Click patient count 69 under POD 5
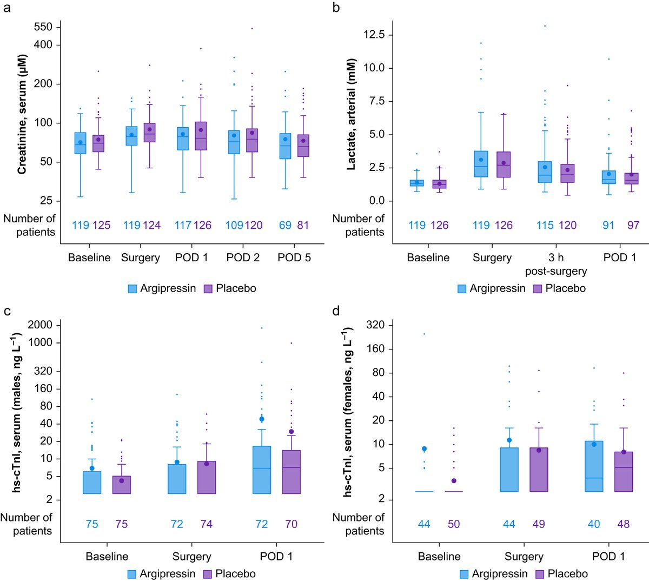285,225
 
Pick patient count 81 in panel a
303,225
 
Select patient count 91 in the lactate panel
608,225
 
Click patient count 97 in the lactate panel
633,225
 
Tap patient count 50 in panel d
453,524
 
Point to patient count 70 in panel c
291,524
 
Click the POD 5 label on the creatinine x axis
294,258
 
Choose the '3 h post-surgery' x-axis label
556,264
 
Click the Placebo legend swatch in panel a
208,289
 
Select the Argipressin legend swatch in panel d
464,574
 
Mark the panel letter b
336,8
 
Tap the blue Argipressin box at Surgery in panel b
480,164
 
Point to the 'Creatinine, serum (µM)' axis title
22,114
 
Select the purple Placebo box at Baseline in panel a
98,143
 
